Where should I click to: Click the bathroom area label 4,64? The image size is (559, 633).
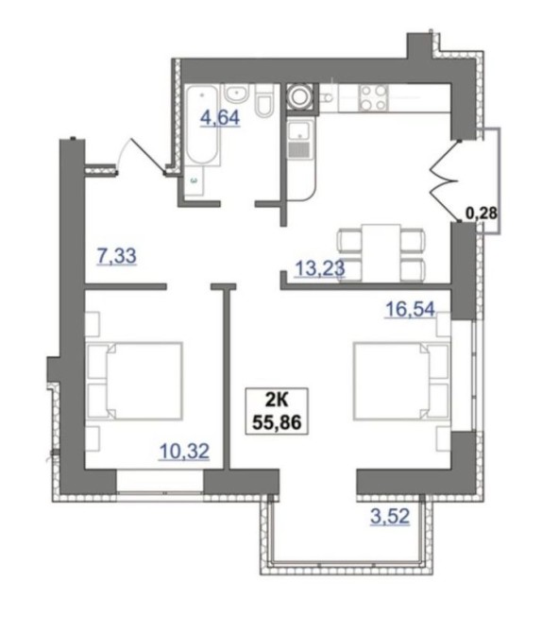pos(220,118)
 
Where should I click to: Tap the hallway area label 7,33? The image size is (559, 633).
pos(117,256)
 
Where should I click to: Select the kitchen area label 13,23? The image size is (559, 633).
pos(320,268)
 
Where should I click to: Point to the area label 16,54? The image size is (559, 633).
pos(411,310)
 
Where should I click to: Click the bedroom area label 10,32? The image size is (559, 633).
pos(184,451)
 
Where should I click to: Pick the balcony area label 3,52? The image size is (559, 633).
pos(390,517)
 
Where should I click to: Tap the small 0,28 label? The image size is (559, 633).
pos(482,213)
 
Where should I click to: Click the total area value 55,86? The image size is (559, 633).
pos(277,422)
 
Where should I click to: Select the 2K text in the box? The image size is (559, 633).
pos(277,401)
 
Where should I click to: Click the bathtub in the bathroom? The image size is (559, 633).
pos(203,125)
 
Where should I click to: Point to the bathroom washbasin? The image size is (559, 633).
pos(236,94)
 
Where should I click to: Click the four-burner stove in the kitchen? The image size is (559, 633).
pos(373,97)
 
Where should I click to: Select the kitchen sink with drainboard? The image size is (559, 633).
pos(300,140)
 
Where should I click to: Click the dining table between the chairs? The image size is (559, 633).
pos(381,252)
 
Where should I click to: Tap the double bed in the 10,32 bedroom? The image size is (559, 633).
pos(134,382)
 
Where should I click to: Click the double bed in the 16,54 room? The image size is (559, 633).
pos(401,382)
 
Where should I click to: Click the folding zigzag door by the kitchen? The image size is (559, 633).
pos(445,180)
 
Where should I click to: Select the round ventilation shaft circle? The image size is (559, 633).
pos(300,96)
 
